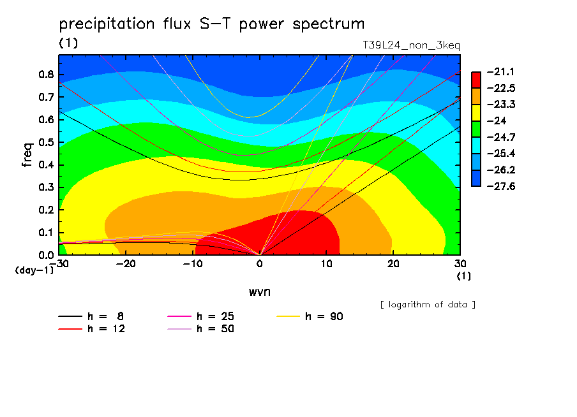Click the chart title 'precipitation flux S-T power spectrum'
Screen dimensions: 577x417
point(212,24)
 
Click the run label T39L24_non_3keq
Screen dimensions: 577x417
point(411,45)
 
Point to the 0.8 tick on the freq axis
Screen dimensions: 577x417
point(46,74)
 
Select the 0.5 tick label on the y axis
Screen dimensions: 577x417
point(46,142)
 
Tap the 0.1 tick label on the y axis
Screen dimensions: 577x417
point(46,233)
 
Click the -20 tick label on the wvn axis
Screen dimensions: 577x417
point(126,264)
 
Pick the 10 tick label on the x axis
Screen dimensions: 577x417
point(326,264)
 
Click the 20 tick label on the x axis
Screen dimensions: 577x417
point(393,264)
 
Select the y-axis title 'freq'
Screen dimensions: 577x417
point(27,155)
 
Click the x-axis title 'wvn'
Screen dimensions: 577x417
point(260,292)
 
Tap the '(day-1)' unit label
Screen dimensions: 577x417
point(34,270)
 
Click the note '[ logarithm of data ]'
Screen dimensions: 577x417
point(428,305)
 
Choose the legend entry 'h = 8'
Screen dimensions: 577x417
point(91,316)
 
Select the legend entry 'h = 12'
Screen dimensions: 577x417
point(92,328)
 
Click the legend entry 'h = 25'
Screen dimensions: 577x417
point(200,316)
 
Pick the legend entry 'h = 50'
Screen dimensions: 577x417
point(200,328)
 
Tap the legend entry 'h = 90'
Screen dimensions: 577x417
point(310,316)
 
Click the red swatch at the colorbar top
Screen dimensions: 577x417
point(476,80)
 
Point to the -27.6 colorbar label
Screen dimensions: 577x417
point(501,186)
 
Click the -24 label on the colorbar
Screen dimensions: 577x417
point(497,121)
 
